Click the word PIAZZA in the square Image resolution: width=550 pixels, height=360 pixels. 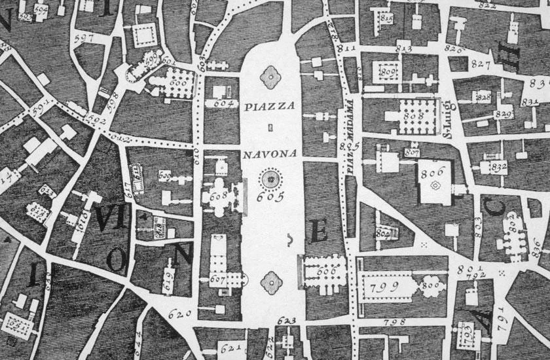point(270,105)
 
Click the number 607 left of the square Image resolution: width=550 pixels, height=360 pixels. point(218,279)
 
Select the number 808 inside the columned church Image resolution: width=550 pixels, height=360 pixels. point(413,115)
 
